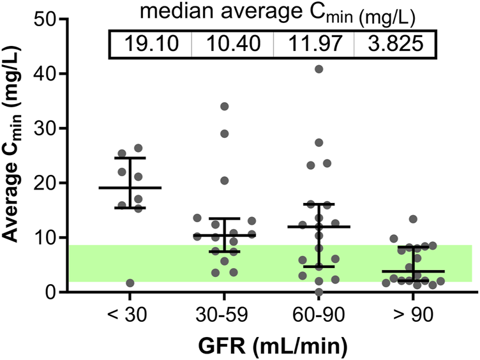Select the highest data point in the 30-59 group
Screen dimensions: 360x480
pyautogui.click(x=224, y=107)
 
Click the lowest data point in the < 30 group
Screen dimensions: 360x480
pyautogui.click(x=130, y=283)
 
